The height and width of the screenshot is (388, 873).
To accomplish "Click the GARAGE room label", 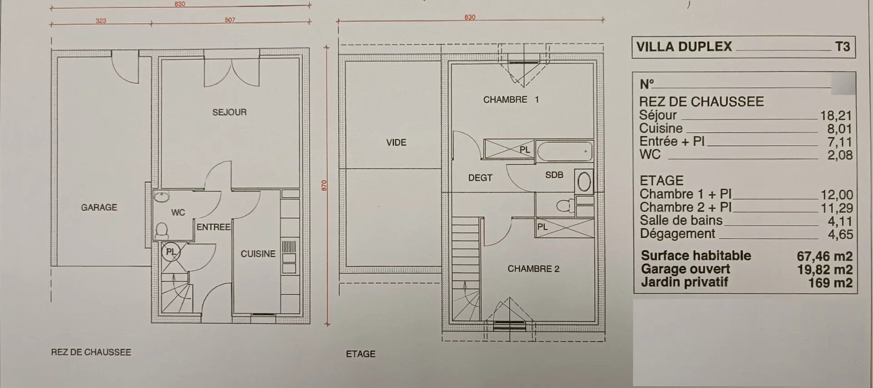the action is pos(99,208).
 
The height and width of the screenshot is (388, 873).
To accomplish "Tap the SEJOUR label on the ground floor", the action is pos(230,112).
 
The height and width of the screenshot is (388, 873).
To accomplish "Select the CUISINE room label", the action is pos(258,254).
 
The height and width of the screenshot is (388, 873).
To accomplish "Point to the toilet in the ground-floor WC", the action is pos(161,230).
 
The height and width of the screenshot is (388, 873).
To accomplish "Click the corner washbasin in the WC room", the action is pos(161,197).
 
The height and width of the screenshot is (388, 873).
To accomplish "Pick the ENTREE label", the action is pos(214,227).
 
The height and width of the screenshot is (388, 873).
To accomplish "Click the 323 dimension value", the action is pos(101,21).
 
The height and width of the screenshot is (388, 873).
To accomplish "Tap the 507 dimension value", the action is pos(230,20).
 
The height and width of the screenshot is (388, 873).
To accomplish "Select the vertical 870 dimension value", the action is pos(324,185).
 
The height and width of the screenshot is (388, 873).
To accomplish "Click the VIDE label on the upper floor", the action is pos(396,143).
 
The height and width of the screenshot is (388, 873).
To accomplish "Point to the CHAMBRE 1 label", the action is pos(511,99).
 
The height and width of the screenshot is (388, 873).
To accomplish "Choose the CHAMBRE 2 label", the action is pos(533,269).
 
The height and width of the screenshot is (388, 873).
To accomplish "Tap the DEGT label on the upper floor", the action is pos(481,178).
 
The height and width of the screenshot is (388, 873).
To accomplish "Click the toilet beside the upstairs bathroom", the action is pos(565,206).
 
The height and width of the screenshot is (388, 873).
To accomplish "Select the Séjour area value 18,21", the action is pos(836,115).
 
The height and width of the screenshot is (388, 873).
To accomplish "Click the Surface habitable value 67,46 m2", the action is pos(824,256).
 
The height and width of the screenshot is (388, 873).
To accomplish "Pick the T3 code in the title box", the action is pos(843,47).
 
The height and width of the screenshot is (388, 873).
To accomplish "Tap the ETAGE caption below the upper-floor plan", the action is pos(361,354).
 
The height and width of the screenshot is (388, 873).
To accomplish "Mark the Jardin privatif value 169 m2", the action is pos(830,283).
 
